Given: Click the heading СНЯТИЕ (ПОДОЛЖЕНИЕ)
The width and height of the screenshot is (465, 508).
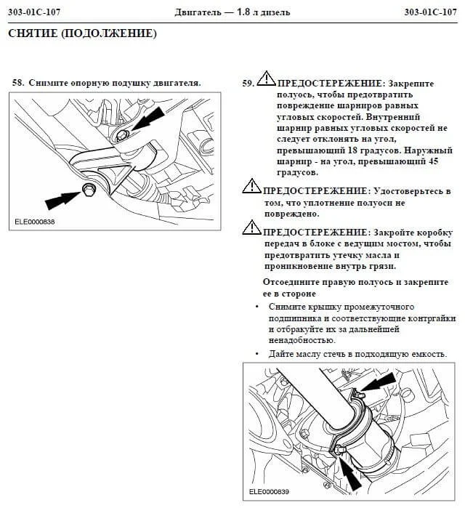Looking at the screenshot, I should coord(82,34).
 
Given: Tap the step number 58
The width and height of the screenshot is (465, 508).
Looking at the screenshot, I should coord(17,83).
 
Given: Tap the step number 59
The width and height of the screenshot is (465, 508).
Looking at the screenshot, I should coord(247,84).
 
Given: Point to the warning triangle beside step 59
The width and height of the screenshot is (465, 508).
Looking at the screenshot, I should coord(266,79).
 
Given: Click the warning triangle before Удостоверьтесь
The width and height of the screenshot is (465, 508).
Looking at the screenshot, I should coord(251,186).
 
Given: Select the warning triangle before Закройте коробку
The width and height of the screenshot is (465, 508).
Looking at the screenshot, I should coord(251,227).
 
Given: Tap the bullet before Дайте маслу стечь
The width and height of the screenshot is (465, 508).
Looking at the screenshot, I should coord(258,354).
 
